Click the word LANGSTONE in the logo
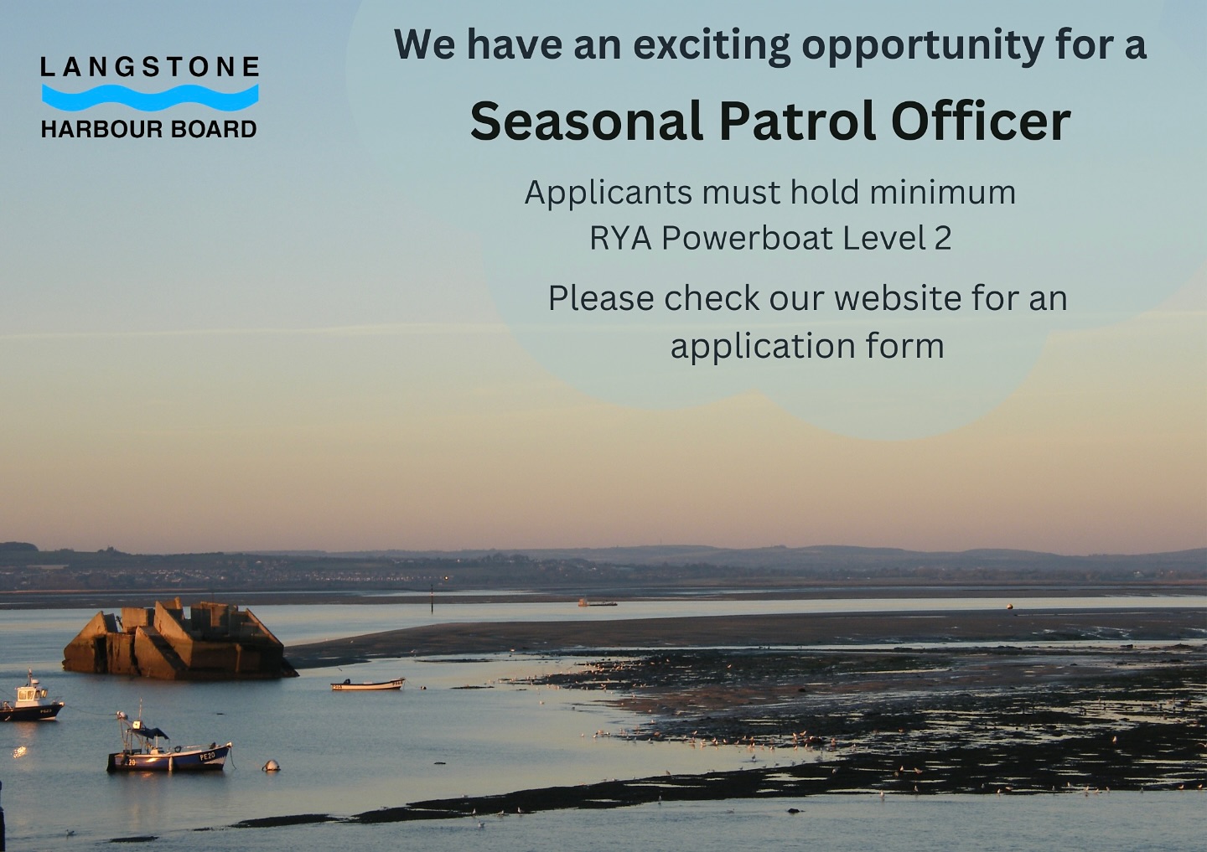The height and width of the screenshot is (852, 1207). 149,67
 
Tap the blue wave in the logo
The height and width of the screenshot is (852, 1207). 149,97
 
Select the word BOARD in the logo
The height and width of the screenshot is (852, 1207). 214,129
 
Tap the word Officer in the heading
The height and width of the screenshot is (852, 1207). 980,121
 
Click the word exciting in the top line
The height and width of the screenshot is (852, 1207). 711,45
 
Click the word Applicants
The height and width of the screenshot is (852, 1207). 609,194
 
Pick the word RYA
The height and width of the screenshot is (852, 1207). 620,239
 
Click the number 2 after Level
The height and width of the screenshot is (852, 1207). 943,239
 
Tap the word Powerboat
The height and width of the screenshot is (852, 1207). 747,239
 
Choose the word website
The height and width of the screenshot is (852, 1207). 898,298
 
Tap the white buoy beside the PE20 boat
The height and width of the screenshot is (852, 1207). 271,766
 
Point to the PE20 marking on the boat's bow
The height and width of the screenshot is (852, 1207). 207,756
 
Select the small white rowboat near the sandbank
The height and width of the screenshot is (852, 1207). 368,684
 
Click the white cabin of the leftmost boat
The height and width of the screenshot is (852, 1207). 28,695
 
